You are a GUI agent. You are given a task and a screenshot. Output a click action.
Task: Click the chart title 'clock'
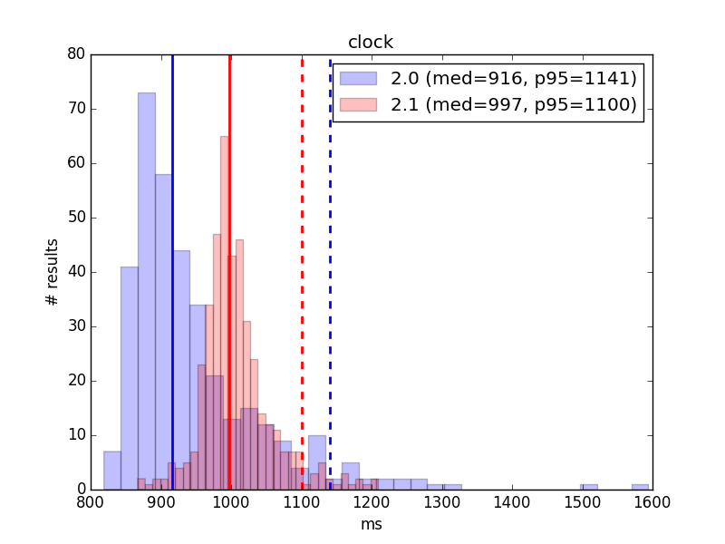click(371, 42)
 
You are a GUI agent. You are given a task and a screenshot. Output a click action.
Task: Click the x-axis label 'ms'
click(372, 524)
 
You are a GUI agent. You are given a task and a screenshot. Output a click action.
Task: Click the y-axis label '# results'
click(52, 272)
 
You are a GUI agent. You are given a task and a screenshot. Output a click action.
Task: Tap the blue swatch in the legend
click(358, 78)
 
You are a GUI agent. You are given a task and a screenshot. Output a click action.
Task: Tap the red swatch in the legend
click(358, 104)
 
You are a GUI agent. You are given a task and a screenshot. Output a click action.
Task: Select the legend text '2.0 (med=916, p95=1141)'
click(514, 78)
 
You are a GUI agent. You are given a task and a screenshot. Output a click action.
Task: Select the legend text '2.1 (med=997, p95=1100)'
click(514, 104)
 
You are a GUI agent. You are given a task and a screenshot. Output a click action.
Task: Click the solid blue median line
click(172, 272)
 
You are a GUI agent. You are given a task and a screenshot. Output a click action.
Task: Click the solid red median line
click(229, 272)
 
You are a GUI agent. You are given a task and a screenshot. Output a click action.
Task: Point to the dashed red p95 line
click(302, 274)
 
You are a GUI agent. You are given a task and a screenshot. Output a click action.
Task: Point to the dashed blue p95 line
click(330, 274)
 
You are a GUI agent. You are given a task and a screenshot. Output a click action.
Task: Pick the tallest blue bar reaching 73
click(147, 291)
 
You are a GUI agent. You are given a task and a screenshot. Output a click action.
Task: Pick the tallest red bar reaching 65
click(224, 313)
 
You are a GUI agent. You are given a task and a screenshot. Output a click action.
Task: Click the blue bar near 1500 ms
click(589, 487)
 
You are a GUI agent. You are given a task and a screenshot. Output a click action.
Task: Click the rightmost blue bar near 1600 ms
click(641, 487)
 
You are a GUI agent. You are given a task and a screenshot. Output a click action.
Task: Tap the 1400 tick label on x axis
click(512, 502)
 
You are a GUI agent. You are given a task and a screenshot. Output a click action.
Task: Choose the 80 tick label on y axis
click(76, 54)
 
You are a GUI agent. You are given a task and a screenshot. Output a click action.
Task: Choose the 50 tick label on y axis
click(76, 218)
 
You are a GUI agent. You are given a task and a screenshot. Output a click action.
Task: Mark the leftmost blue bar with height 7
click(112, 471)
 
